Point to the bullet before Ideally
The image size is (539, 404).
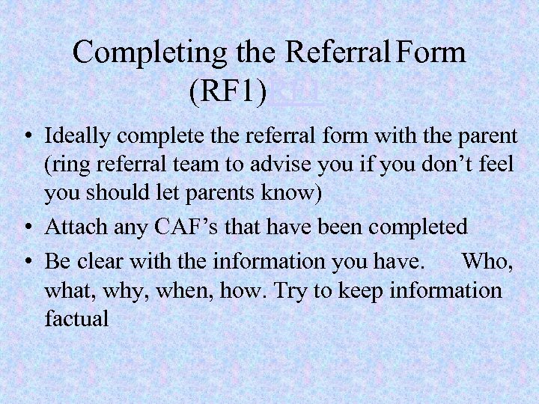(x=26, y=138)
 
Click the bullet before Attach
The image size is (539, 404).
(x=26, y=226)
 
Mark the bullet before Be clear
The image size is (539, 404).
(x=26, y=261)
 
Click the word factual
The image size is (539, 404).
(x=76, y=318)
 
